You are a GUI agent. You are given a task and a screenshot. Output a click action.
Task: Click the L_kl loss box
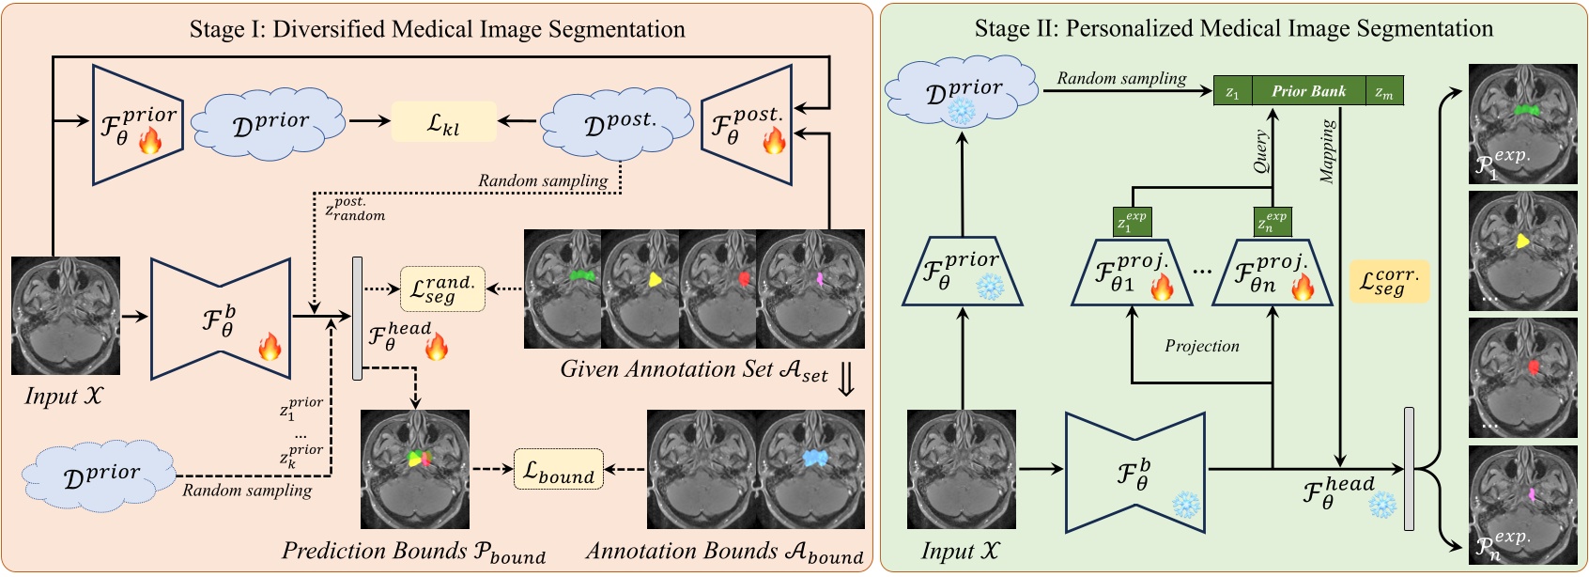(x=443, y=122)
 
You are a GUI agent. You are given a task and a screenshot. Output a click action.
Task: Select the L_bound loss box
(x=558, y=469)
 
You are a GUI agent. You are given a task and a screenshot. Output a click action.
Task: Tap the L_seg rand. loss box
(x=442, y=288)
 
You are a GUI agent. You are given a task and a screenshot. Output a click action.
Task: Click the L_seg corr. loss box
(x=1389, y=281)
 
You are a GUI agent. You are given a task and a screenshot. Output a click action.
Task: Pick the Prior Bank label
(x=1308, y=91)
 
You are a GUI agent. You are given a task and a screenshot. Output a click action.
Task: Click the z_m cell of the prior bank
(x=1384, y=91)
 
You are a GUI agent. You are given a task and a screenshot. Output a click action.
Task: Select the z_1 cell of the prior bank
(x=1233, y=91)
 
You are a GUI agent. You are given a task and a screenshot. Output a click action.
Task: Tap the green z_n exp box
(x=1273, y=222)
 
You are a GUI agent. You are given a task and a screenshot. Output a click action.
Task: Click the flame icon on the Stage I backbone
(x=270, y=348)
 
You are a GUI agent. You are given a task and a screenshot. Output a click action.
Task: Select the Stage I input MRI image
(x=66, y=316)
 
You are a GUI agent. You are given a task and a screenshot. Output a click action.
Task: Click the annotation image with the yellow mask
(x=640, y=289)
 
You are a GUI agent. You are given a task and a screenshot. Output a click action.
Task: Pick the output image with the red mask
(x=1522, y=380)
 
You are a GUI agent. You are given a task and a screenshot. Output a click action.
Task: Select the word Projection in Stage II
(x=1201, y=346)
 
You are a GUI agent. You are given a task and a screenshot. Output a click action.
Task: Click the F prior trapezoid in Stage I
(x=136, y=125)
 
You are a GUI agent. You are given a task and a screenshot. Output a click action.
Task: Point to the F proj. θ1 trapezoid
(x=1132, y=273)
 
